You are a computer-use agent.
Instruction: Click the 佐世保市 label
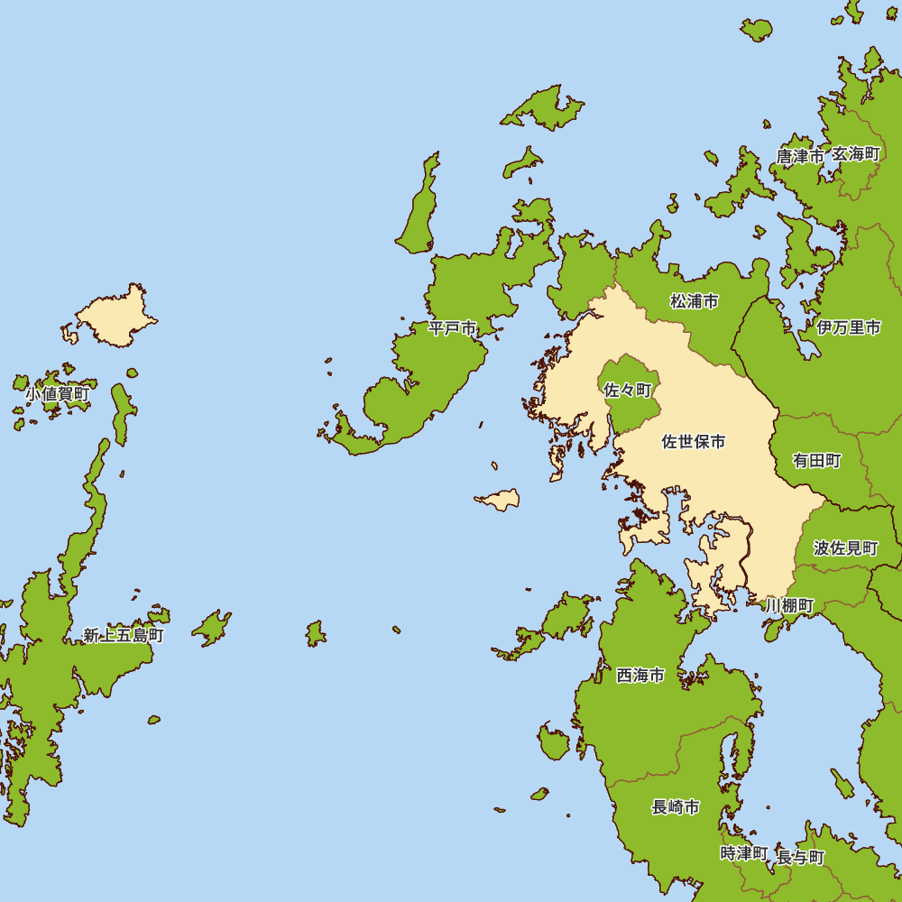click(694, 442)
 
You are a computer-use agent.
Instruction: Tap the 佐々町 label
click(628, 391)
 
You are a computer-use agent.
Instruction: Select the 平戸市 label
click(452, 328)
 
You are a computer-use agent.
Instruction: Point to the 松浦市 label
click(695, 301)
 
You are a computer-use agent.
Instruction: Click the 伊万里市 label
click(849, 327)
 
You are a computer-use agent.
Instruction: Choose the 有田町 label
click(817, 461)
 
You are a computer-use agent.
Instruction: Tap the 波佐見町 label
click(845, 548)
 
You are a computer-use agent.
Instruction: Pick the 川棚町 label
click(789, 604)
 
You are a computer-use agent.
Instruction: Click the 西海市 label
click(640, 676)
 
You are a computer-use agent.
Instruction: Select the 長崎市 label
click(676, 807)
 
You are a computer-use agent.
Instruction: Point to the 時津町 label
click(744, 853)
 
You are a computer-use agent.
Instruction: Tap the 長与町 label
click(800, 857)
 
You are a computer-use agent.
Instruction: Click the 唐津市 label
click(800, 156)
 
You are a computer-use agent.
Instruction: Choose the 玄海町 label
click(855, 154)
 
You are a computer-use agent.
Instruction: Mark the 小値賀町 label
click(57, 393)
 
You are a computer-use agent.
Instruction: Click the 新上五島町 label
click(124, 635)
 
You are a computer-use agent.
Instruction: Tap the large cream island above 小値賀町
click(115, 318)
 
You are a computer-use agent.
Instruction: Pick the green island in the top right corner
click(756, 30)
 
